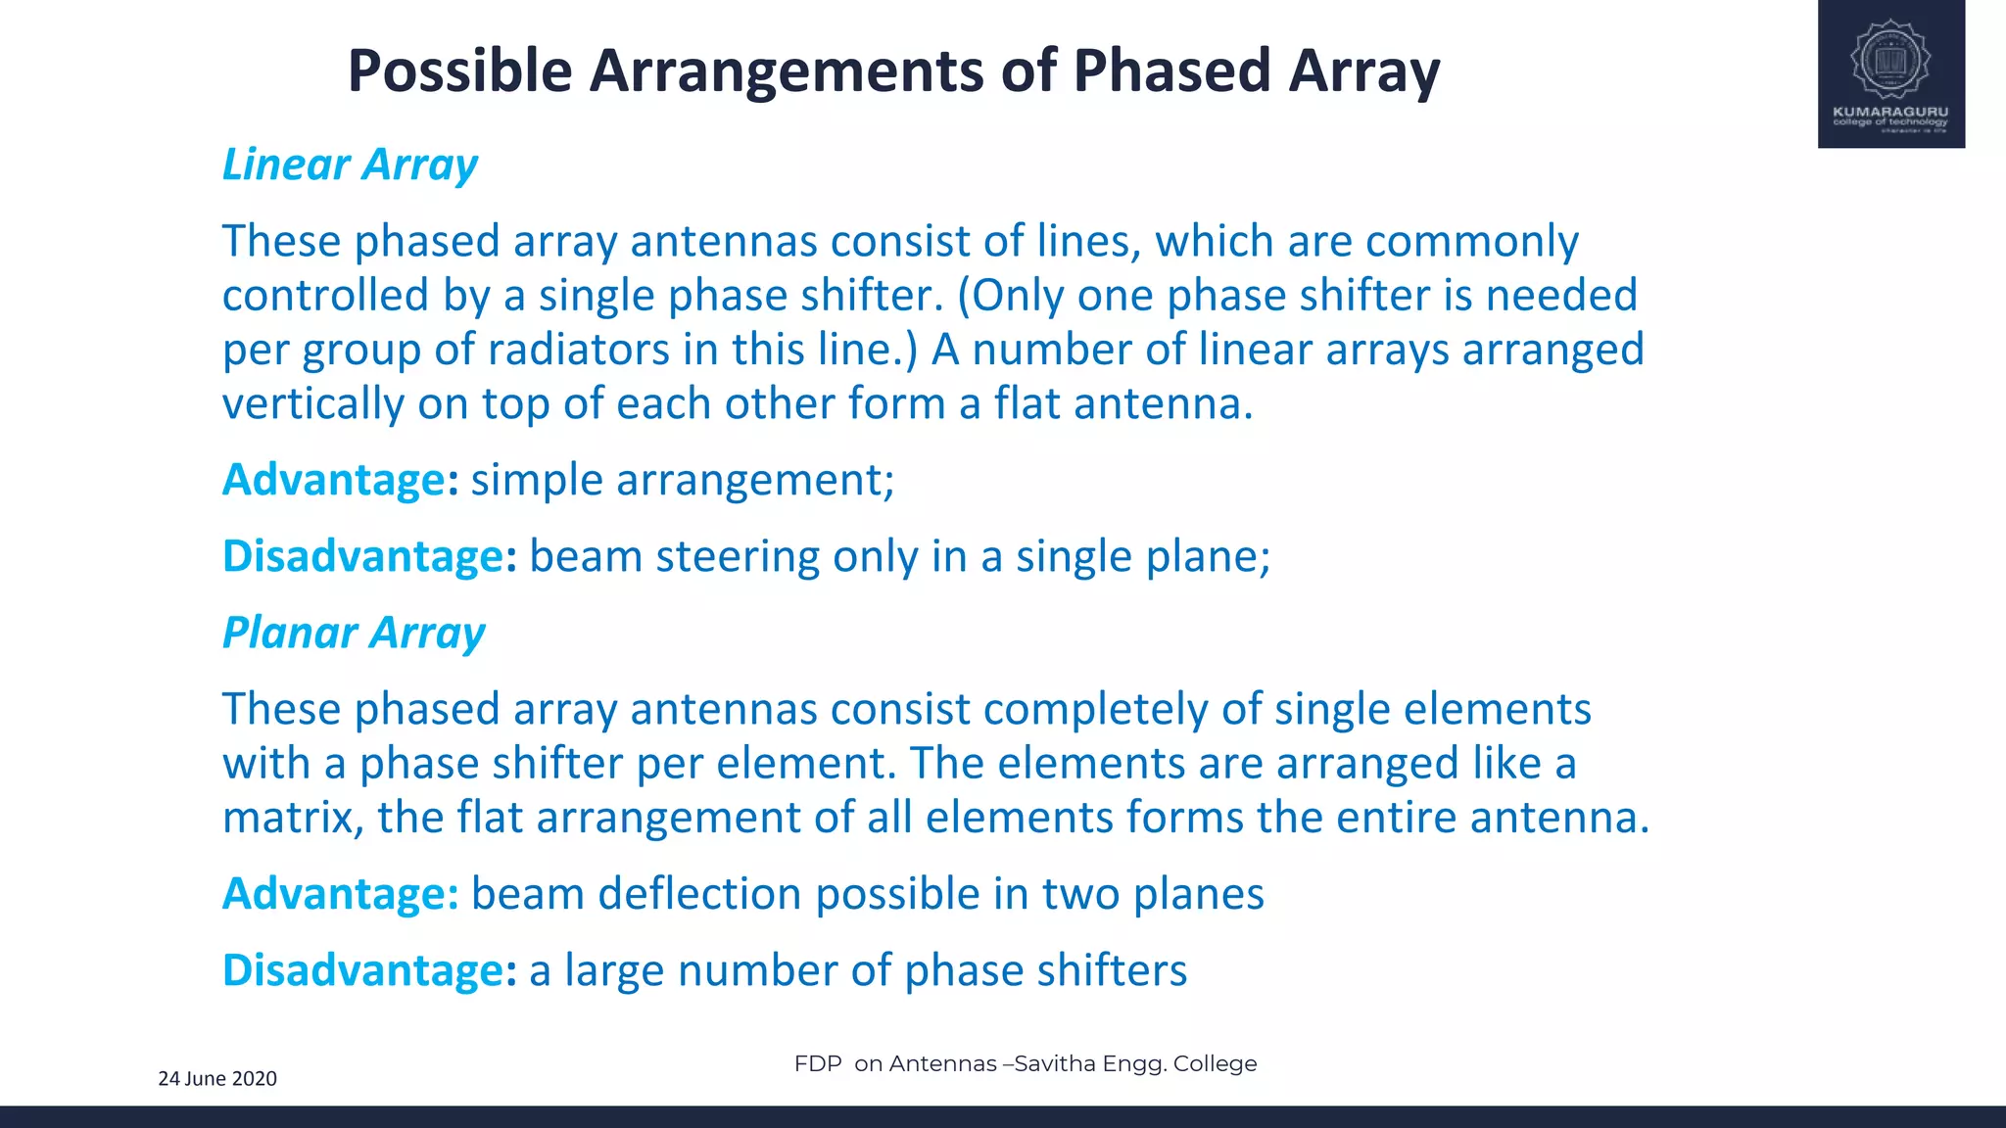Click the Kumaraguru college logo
click(1890, 73)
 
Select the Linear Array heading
click(350, 164)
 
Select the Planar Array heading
click(354, 633)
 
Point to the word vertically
click(312, 404)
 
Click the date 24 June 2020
click(217, 1079)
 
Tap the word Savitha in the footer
click(1054, 1063)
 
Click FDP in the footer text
click(818, 1063)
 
